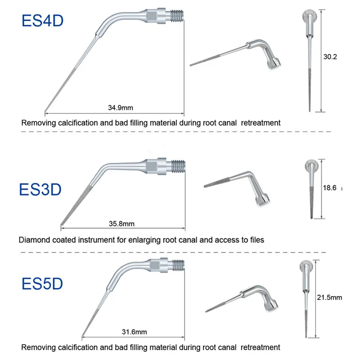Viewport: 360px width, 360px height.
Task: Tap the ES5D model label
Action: [43, 284]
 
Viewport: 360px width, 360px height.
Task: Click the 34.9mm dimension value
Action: [121, 108]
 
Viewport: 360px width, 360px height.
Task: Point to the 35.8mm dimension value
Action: [121, 223]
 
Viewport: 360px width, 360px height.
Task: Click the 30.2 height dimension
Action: [330, 57]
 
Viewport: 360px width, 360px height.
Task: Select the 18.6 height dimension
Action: [330, 189]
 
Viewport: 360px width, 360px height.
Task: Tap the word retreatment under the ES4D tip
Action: [261, 122]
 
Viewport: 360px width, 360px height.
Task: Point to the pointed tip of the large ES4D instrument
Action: [45, 111]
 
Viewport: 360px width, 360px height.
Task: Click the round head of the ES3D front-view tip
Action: [310, 165]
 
